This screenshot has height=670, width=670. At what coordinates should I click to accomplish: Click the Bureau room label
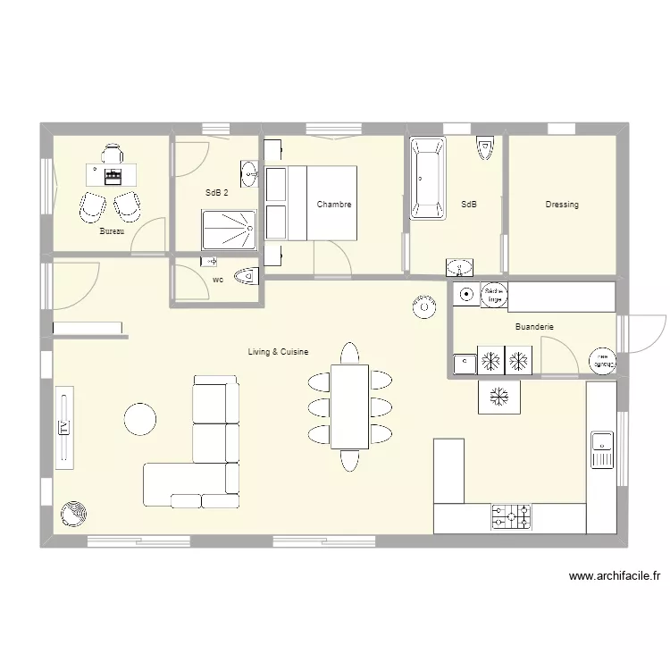(112, 231)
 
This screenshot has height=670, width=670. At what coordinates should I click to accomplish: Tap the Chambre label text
(334, 205)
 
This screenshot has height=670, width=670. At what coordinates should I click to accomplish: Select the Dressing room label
(562, 205)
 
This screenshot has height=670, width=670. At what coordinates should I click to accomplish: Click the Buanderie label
(534, 327)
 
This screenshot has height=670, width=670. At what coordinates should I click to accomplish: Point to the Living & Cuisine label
(278, 352)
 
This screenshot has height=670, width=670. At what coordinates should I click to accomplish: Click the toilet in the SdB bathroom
(485, 147)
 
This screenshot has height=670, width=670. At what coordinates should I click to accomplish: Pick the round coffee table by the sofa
(139, 418)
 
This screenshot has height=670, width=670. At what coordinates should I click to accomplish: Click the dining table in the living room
(349, 406)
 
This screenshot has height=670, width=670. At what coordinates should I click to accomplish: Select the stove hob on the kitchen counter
(511, 516)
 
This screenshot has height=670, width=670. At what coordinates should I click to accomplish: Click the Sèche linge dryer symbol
(493, 295)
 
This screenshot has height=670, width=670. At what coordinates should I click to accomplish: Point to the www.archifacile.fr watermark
(613, 577)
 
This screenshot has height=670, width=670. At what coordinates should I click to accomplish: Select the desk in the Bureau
(112, 173)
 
